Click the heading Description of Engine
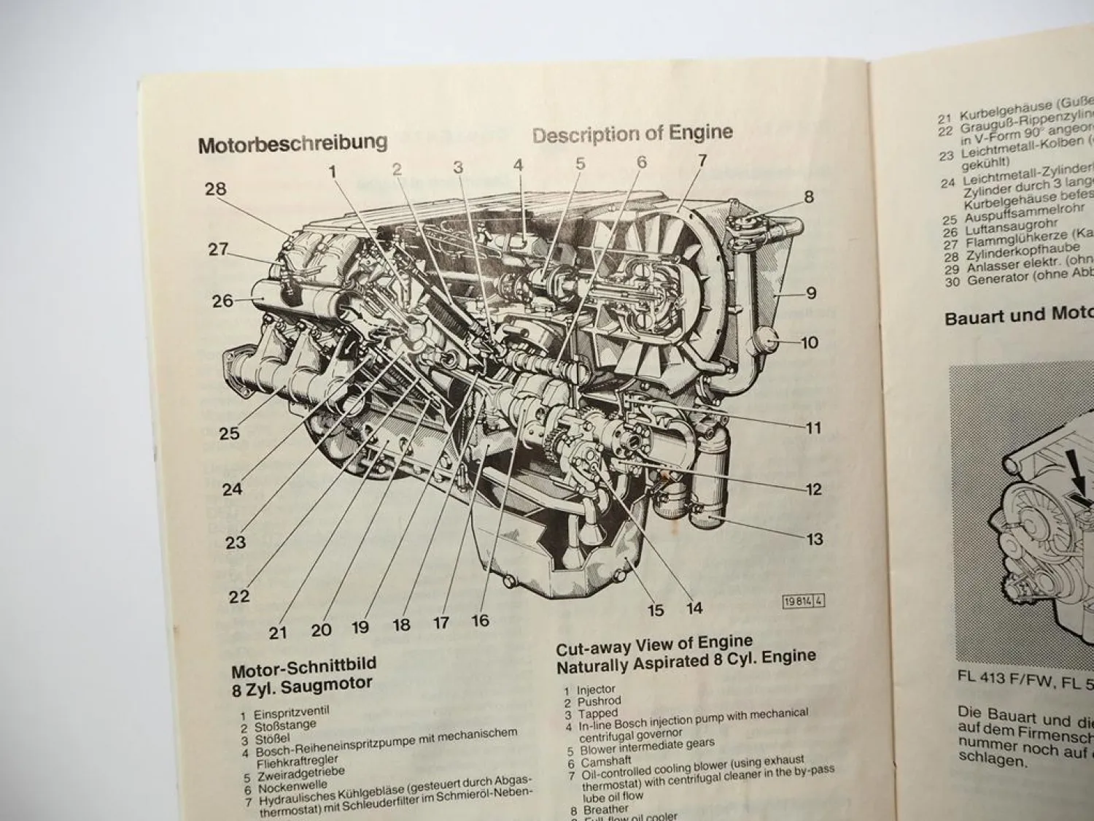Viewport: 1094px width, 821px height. (x=632, y=134)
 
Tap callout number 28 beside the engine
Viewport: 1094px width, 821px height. (x=215, y=189)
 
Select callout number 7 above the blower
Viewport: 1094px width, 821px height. (x=702, y=161)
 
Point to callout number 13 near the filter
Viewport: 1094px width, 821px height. (x=814, y=539)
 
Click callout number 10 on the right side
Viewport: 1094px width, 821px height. (x=810, y=342)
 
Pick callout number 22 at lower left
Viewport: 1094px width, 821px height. (x=238, y=596)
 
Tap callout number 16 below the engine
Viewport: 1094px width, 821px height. (x=479, y=620)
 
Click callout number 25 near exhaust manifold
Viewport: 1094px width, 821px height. (x=229, y=433)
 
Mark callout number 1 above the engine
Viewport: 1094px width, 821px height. (x=333, y=171)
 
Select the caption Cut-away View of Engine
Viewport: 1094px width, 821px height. (x=653, y=643)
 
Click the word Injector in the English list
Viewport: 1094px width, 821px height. (x=596, y=689)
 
